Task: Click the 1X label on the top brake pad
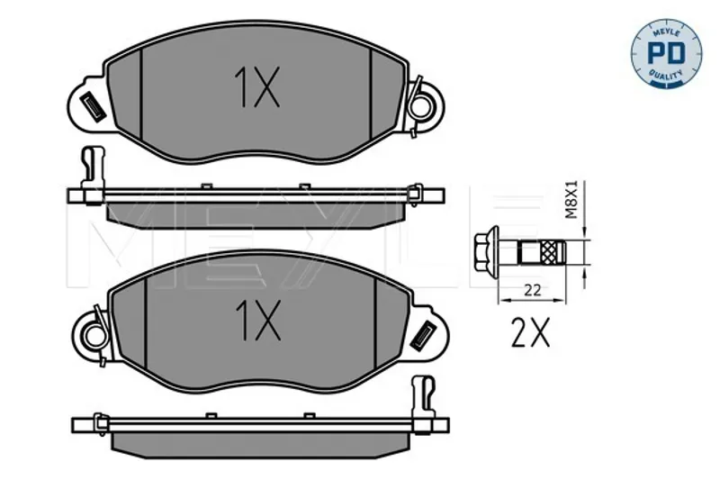(256, 87)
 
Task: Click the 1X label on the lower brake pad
(257, 321)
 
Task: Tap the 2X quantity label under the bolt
(530, 332)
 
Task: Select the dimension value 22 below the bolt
(533, 290)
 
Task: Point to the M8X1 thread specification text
(571, 199)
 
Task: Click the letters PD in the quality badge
(666, 53)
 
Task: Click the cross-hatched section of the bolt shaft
(548, 253)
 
